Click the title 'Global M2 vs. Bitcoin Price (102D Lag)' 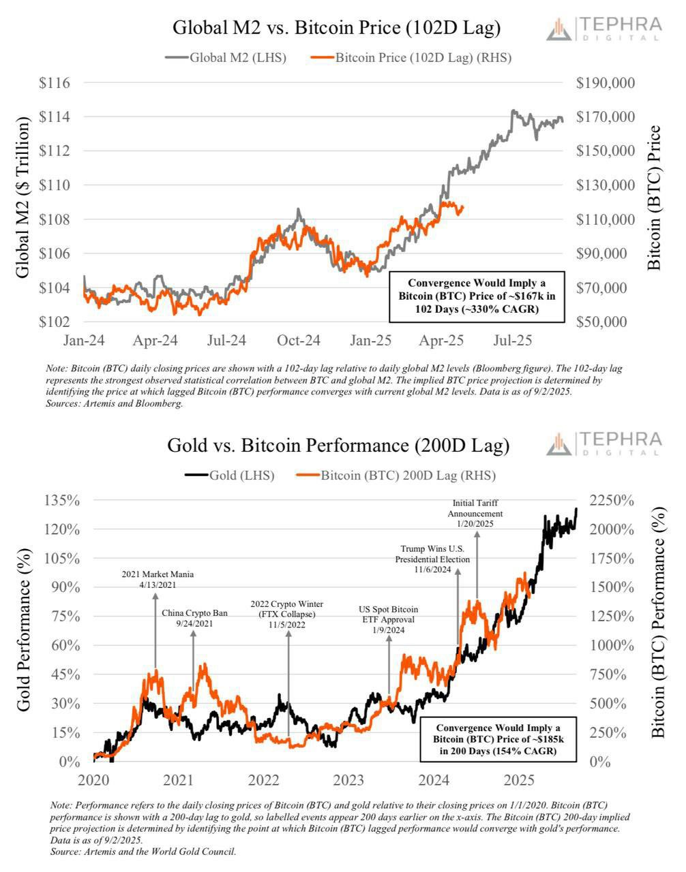coord(336,28)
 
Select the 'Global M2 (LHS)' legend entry coord(226,58)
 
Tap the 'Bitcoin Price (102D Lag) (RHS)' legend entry coord(411,58)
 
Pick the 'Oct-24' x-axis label coord(298,339)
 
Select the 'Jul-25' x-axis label coord(512,339)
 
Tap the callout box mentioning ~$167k coord(477,296)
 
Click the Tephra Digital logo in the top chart coord(604,29)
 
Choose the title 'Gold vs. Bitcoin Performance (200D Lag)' coord(338,446)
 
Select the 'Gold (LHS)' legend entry coord(230,476)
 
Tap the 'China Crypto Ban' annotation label coord(194,618)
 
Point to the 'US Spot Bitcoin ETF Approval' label coord(389,619)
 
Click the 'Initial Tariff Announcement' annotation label coord(475,513)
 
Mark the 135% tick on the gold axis coord(61,501)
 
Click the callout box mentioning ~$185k coord(496,739)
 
